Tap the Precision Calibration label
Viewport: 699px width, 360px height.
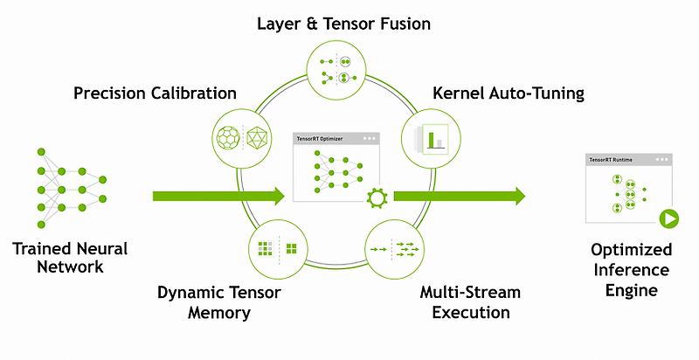tap(156, 93)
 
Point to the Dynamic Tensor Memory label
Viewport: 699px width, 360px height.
tap(219, 301)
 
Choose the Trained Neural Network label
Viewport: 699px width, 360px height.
tap(70, 258)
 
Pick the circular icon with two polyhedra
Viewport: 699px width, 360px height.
tap(241, 136)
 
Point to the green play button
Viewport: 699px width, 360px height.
tap(669, 218)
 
